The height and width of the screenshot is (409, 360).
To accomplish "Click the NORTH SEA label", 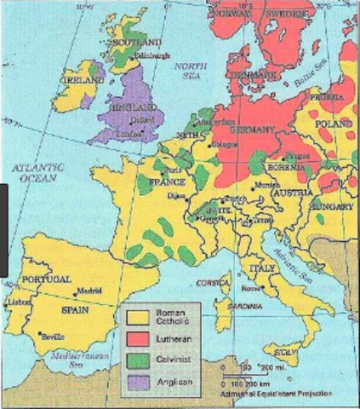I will click(x=186, y=70).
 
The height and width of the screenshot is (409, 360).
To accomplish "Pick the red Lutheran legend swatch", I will click(x=135, y=337).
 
